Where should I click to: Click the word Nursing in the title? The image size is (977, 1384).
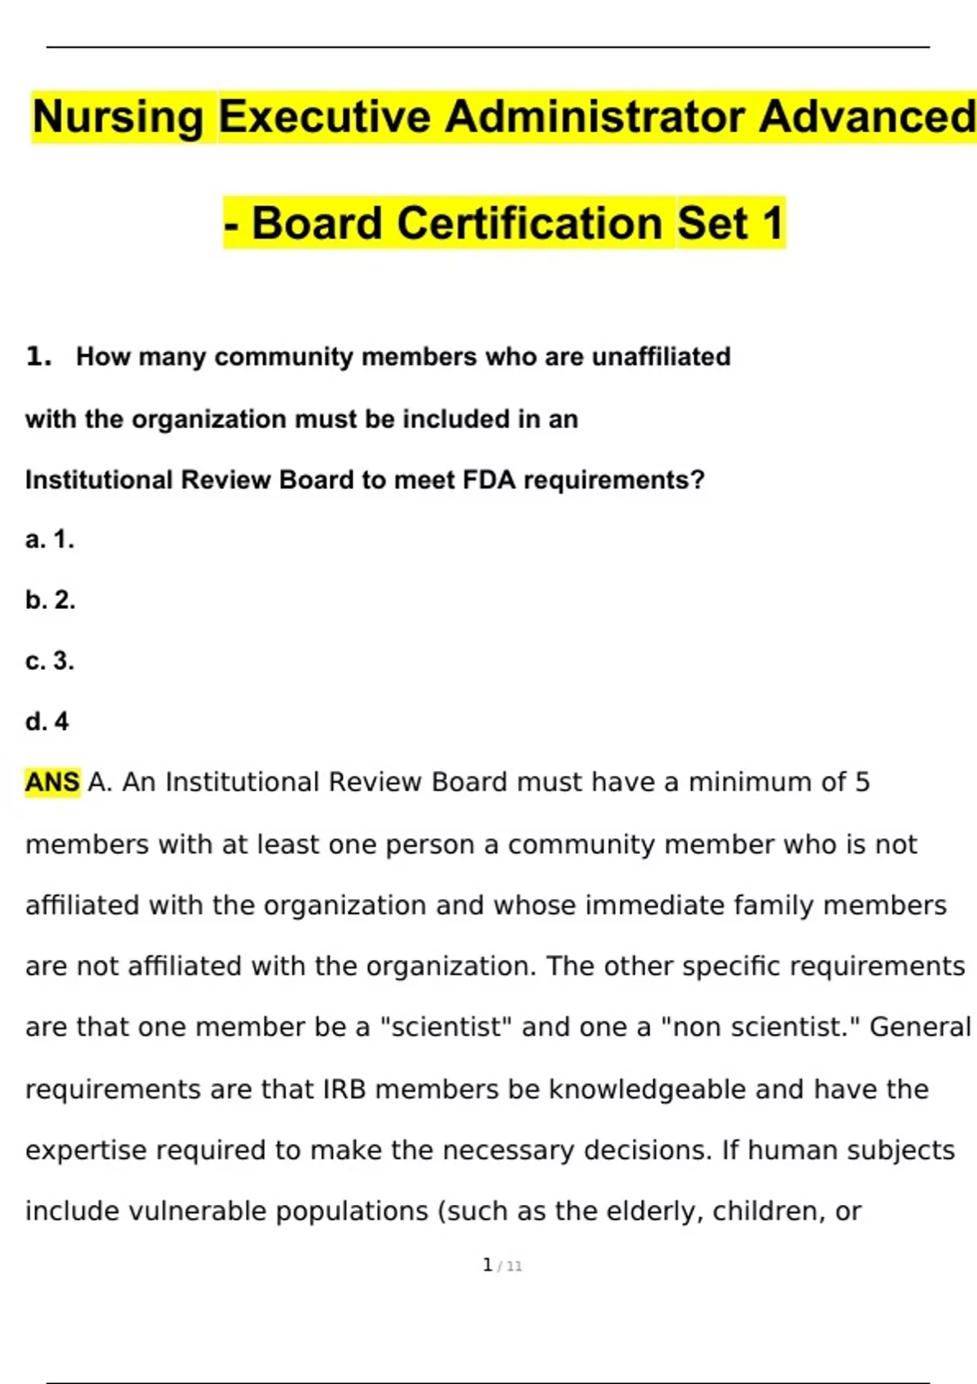(x=119, y=117)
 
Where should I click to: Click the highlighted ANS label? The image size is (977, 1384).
(x=52, y=782)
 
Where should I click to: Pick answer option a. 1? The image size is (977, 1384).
(x=50, y=539)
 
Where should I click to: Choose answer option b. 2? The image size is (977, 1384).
(x=50, y=600)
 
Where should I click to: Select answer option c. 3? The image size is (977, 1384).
(x=50, y=660)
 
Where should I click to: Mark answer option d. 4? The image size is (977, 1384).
(x=47, y=721)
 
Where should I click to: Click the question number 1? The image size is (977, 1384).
(x=38, y=357)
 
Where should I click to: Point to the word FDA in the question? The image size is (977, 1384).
(x=489, y=480)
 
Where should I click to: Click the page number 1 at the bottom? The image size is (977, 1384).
(x=488, y=1265)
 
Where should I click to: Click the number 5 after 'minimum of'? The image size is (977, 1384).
(x=862, y=782)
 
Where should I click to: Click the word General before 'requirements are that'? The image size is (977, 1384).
(x=920, y=1027)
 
